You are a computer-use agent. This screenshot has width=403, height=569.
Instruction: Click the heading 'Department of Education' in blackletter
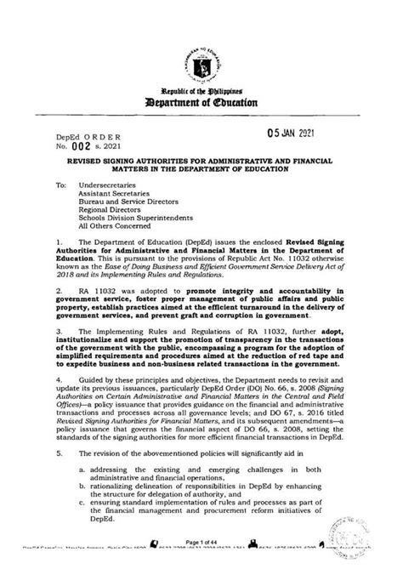click(x=201, y=103)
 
